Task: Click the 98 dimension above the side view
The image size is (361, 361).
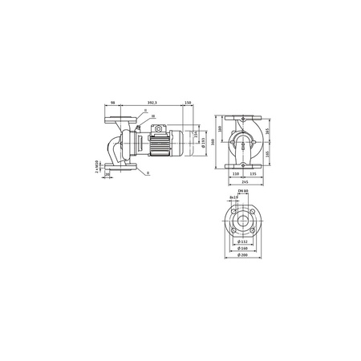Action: point(113,103)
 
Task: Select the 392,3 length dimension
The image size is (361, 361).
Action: point(152,103)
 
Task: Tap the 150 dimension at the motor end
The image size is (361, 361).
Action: point(187,103)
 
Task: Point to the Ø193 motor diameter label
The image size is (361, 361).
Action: point(205,144)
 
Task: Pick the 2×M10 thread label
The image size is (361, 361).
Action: point(95,166)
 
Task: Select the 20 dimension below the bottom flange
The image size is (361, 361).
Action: point(107,174)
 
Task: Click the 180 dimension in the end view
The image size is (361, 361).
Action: point(220,128)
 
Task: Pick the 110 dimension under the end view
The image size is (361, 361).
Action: point(236,172)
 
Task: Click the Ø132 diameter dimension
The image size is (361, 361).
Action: point(245,241)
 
